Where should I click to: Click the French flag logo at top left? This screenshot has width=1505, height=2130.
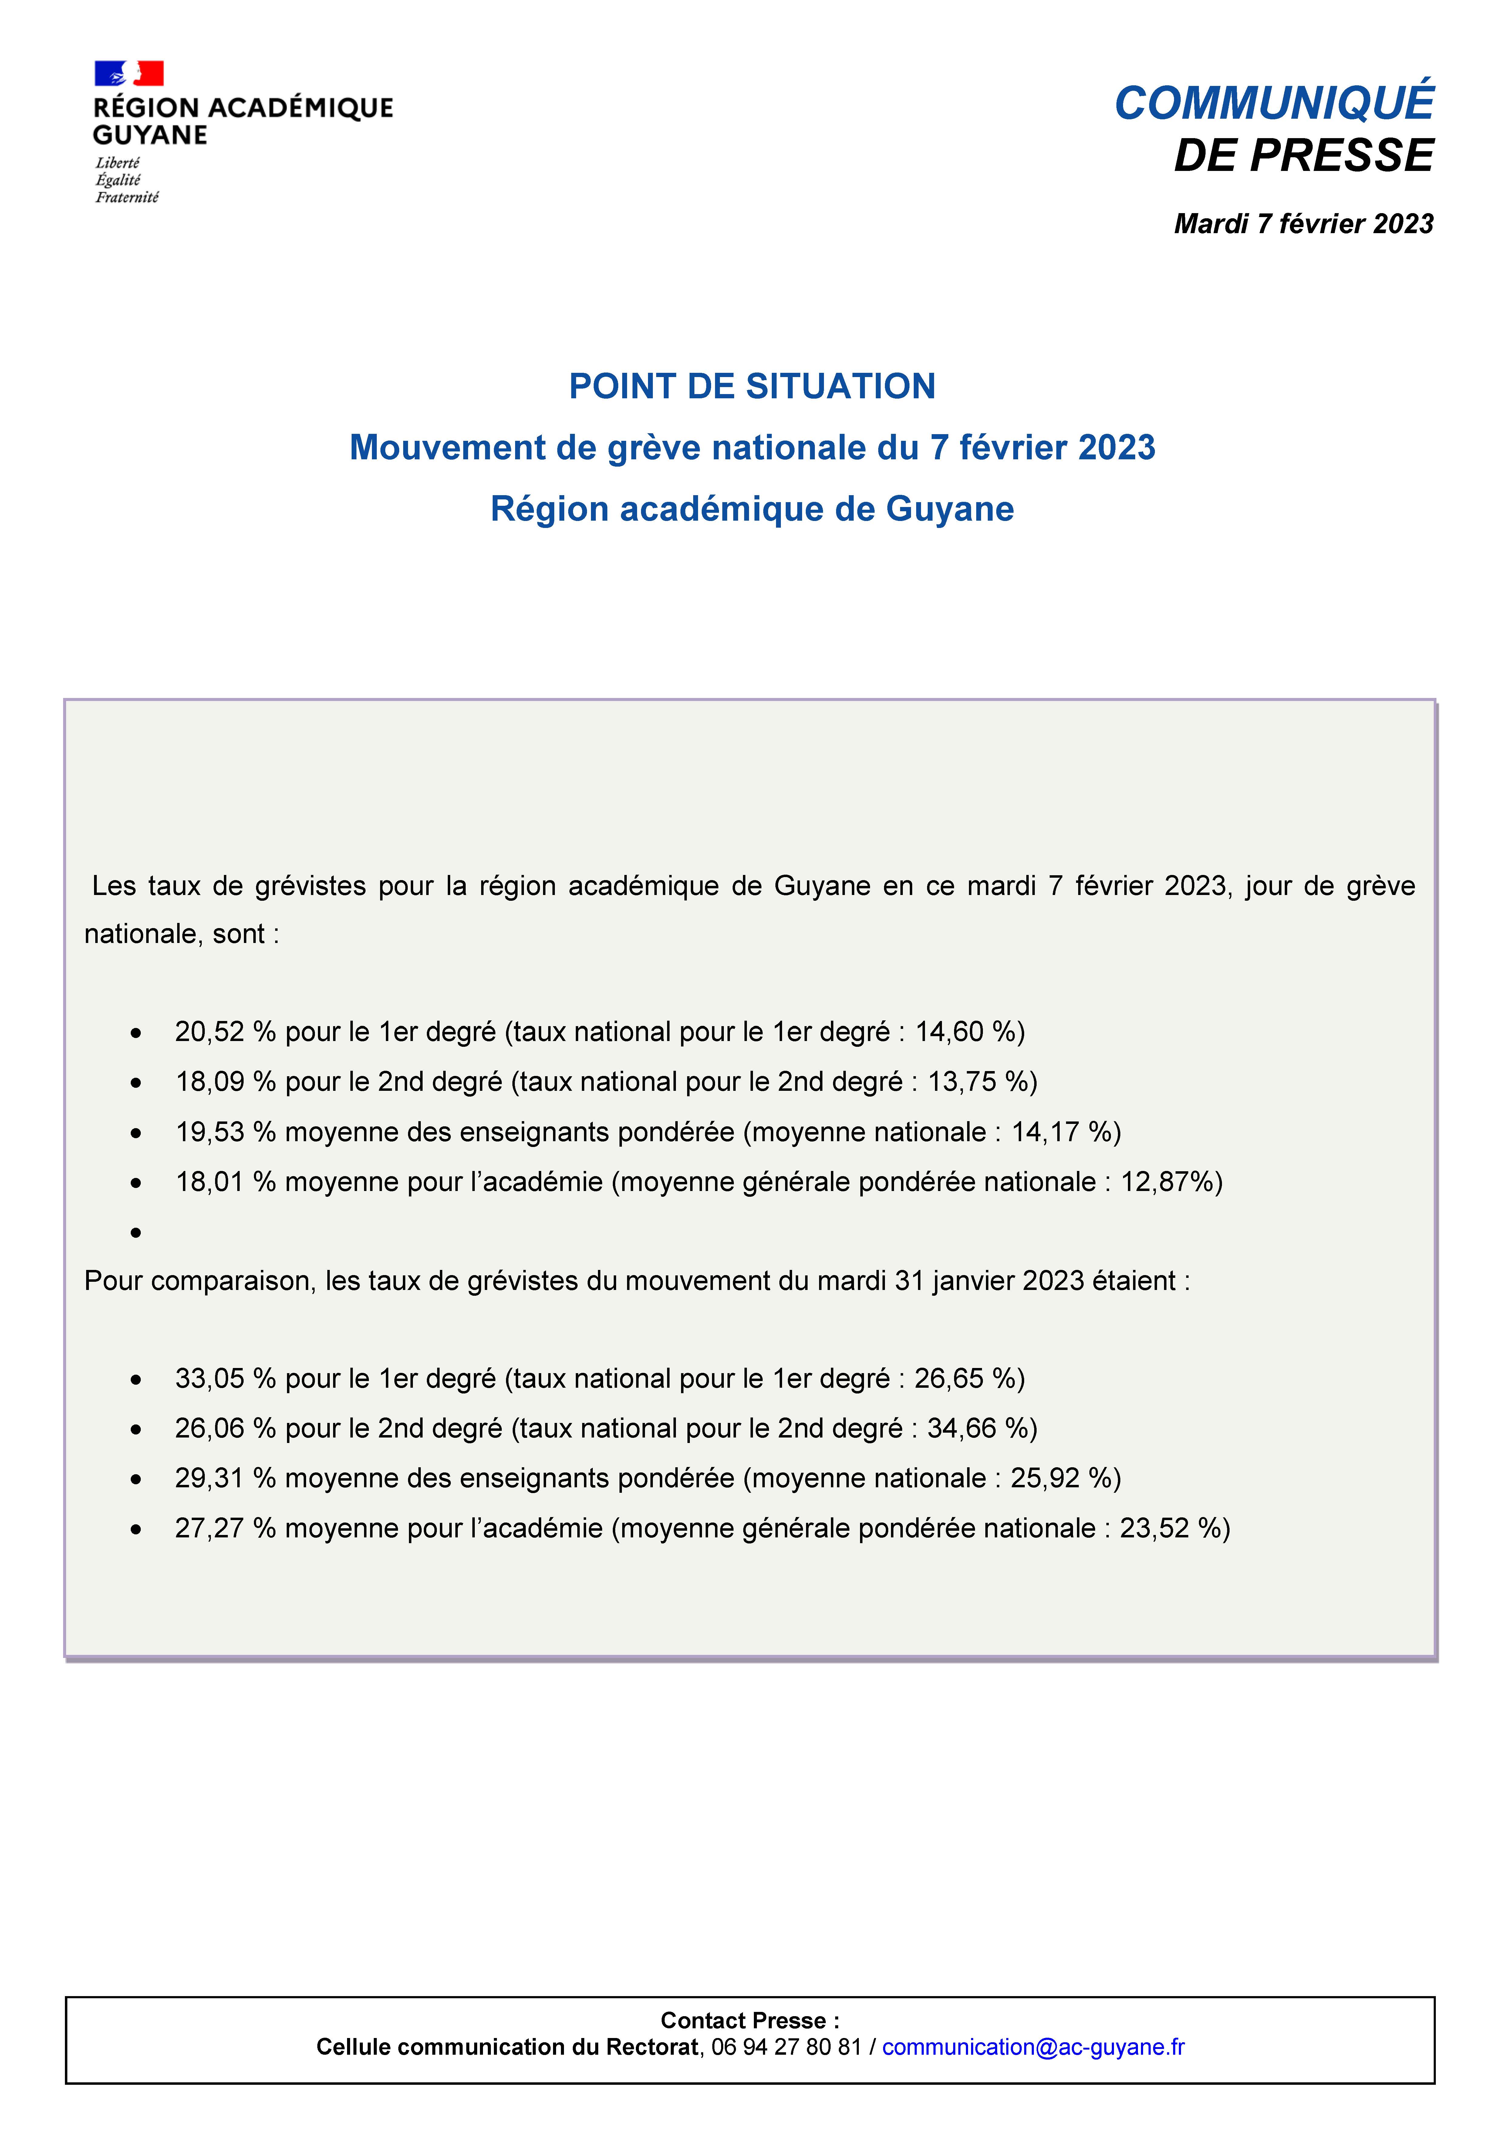click(x=129, y=73)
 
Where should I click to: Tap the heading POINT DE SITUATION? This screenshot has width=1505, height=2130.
click(x=752, y=386)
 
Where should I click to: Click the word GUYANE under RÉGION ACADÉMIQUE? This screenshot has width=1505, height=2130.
click(x=150, y=135)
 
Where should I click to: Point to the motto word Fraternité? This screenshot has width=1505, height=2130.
click(x=127, y=198)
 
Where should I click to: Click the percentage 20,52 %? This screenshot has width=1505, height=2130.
click(x=225, y=1032)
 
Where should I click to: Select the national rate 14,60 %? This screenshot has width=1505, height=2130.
click(x=964, y=1032)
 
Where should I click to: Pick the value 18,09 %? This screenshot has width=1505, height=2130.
click(x=225, y=1082)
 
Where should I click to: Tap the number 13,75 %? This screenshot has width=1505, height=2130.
click(x=977, y=1082)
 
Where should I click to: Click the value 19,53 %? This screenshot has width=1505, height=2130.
click(x=225, y=1132)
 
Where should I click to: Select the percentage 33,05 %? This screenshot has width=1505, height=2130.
click(x=225, y=1379)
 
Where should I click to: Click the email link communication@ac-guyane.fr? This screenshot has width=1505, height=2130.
click(x=1033, y=2047)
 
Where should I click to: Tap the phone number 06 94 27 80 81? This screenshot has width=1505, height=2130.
click(x=786, y=2047)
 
